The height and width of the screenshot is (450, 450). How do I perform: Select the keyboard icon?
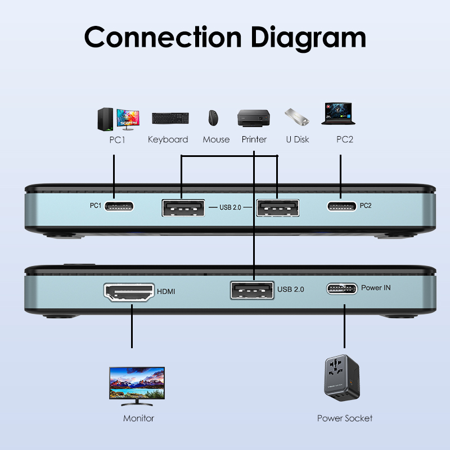[170, 118]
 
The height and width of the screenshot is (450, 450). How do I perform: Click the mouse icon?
[213, 118]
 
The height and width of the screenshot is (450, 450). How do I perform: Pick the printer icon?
[254, 118]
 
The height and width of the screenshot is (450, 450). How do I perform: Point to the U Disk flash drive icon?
[297, 117]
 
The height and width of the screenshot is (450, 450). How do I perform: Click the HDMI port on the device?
[129, 292]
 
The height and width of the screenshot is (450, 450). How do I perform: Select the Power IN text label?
[376, 287]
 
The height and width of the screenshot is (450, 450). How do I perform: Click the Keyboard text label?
[168, 139]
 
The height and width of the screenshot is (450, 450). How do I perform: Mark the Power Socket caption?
[344, 418]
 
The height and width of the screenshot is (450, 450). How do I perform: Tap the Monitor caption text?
[138, 418]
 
